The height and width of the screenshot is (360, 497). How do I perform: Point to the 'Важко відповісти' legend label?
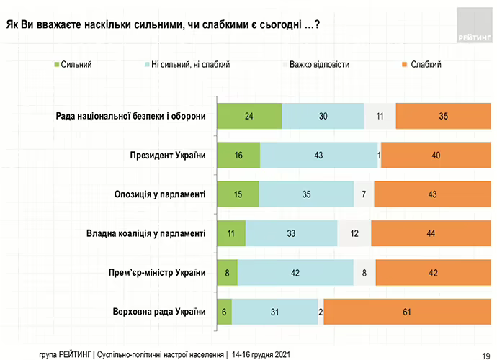point(319,65)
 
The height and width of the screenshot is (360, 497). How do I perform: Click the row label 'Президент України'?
point(168,155)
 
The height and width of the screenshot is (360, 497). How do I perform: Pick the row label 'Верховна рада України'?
point(160,312)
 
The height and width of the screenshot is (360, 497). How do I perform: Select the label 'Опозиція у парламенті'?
point(161,194)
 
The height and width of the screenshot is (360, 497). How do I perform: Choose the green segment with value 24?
point(250,116)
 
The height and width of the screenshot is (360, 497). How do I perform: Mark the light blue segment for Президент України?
point(319,156)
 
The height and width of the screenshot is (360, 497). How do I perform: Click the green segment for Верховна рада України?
point(225,312)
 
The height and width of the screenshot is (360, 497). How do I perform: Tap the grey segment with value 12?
point(354,233)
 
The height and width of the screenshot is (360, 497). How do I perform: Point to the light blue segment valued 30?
point(323,116)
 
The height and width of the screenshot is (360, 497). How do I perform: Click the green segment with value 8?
point(228,273)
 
